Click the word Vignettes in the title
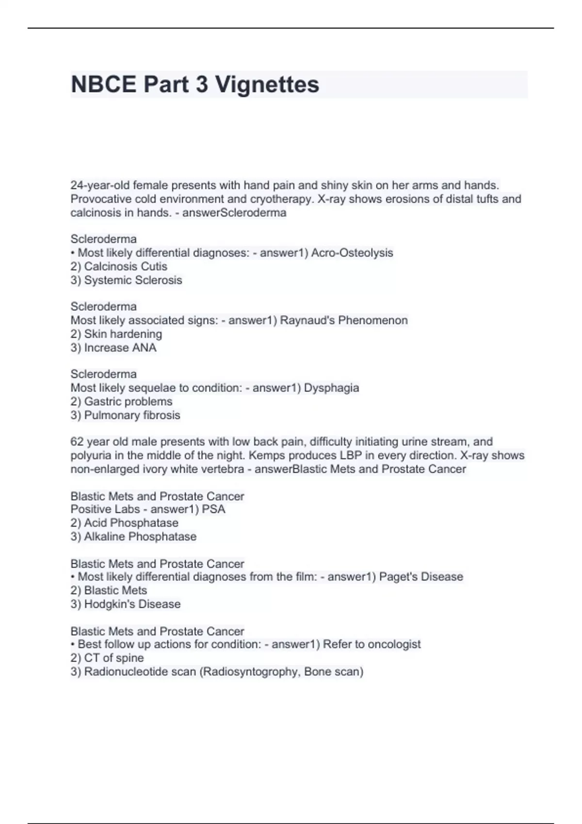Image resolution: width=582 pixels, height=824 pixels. [267, 84]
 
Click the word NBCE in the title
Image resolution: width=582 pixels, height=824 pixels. [103, 84]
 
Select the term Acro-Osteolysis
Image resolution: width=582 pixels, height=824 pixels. [352, 253]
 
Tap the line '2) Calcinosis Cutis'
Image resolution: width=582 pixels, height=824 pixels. [119, 266]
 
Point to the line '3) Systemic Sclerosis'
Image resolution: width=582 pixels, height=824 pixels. [126, 280]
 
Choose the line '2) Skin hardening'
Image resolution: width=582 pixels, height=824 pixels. [116, 333]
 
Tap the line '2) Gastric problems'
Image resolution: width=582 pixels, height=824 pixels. [121, 401]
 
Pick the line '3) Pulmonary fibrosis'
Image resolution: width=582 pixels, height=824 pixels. [125, 415]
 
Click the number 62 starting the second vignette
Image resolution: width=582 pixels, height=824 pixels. [77, 442]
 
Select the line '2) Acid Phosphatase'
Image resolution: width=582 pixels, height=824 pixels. [124, 523]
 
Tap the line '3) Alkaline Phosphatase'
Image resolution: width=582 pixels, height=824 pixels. [133, 536]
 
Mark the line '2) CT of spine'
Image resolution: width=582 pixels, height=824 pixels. [107, 657]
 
